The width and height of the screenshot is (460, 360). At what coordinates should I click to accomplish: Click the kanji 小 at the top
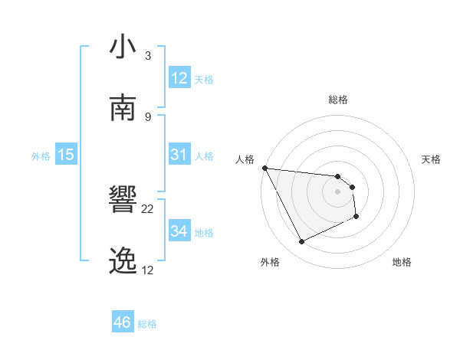[123, 48]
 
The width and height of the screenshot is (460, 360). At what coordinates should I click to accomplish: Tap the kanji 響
[123, 201]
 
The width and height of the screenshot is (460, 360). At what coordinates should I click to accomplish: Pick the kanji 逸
[123, 261]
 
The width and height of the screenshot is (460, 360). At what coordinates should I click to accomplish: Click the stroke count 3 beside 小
[148, 56]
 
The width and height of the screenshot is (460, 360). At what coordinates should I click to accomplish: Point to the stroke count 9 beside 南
[148, 116]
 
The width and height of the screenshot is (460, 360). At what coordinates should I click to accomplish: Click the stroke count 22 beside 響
[148, 208]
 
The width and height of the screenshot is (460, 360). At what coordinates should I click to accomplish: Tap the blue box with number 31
[179, 155]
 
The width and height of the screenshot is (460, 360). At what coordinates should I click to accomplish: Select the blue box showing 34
[179, 231]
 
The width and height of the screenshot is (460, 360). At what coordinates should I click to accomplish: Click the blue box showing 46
[122, 322]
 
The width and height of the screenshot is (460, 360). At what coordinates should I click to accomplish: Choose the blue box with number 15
[66, 155]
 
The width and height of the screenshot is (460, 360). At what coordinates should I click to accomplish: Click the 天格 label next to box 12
[203, 79]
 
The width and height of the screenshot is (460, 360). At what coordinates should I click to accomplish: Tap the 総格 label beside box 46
[147, 324]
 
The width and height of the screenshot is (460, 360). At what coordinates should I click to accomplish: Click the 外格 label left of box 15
[41, 156]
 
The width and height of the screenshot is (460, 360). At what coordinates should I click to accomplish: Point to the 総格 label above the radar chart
[337, 100]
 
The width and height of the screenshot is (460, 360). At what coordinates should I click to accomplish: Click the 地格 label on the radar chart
[402, 262]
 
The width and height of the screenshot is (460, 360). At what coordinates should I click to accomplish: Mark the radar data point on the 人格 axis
[264, 168]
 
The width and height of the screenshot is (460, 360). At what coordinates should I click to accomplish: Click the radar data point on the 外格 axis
[301, 242]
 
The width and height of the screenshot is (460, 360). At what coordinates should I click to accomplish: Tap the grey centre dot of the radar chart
[337, 191]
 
